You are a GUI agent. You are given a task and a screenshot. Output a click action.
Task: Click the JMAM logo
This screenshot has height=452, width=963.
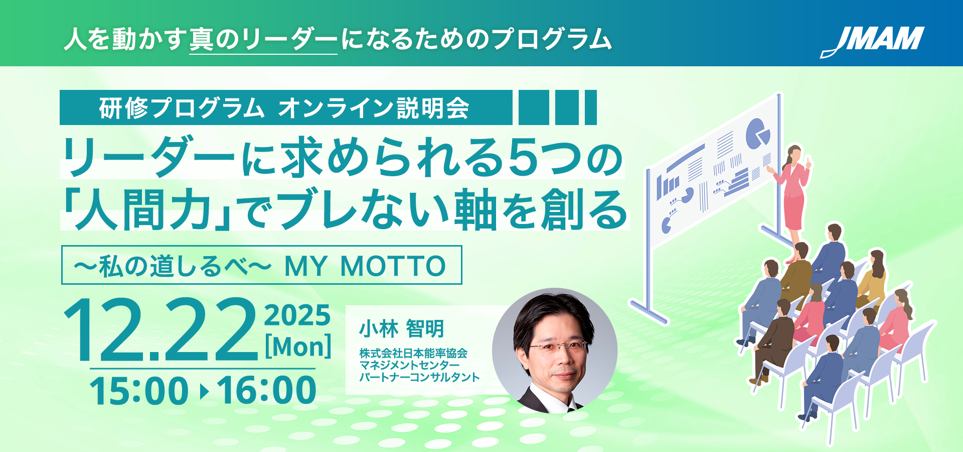tap(873, 41)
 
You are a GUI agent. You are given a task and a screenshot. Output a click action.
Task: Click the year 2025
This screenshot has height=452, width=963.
tap(297, 315)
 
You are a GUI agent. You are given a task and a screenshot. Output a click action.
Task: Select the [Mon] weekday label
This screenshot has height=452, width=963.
tap(298, 347)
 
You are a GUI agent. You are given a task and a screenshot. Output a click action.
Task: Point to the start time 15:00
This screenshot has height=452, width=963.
tap(139, 391)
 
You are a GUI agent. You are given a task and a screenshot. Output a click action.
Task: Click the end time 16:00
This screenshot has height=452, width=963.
tap(267, 391)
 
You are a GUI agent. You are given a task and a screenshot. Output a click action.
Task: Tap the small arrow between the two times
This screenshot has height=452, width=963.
tap(204, 391)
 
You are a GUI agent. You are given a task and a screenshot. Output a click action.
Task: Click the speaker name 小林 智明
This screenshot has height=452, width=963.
tap(402, 329)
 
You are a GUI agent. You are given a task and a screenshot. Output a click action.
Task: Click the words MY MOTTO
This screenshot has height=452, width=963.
tap(365, 266)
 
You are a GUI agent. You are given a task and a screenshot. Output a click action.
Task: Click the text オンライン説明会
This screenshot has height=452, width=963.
tap(374, 108)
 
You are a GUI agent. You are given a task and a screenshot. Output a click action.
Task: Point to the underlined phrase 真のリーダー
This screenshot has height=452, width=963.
tap(263, 40)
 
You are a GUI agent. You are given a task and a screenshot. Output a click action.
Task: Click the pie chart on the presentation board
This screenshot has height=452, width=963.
tap(757, 133)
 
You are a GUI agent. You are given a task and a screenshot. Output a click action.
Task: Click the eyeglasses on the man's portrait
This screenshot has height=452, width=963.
tap(558, 347)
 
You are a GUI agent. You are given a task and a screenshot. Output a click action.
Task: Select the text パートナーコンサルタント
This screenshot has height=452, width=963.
tap(420, 377)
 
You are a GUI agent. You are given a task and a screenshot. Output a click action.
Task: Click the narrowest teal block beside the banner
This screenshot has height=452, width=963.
tap(591, 107)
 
